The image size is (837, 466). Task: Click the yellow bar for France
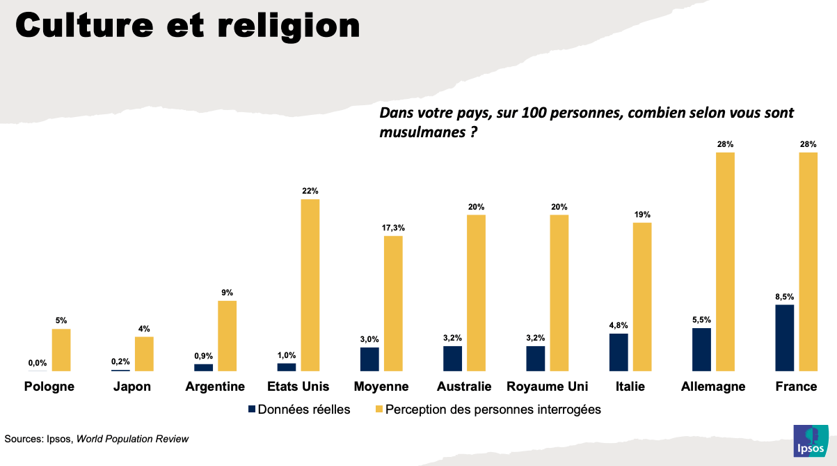point(808,261)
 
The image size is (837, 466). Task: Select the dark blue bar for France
point(784,337)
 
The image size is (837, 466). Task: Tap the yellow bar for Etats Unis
point(310,284)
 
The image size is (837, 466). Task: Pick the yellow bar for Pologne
point(61,349)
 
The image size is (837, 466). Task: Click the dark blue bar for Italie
point(619,352)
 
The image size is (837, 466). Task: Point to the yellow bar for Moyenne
point(393,303)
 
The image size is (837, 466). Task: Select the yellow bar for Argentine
point(228,335)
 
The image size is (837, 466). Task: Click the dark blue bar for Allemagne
point(701,349)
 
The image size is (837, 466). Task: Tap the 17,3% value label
point(393,228)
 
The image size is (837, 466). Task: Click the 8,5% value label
point(784,297)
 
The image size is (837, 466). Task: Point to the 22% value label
point(310,191)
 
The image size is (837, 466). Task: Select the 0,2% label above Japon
point(120,362)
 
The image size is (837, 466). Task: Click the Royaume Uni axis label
point(548,387)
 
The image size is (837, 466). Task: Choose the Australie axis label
point(464,387)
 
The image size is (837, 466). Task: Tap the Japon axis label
point(132,387)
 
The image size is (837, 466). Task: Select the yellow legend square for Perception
point(379,410)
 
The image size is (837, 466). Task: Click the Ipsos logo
point(811,441)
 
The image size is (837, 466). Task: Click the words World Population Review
point(132,439)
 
